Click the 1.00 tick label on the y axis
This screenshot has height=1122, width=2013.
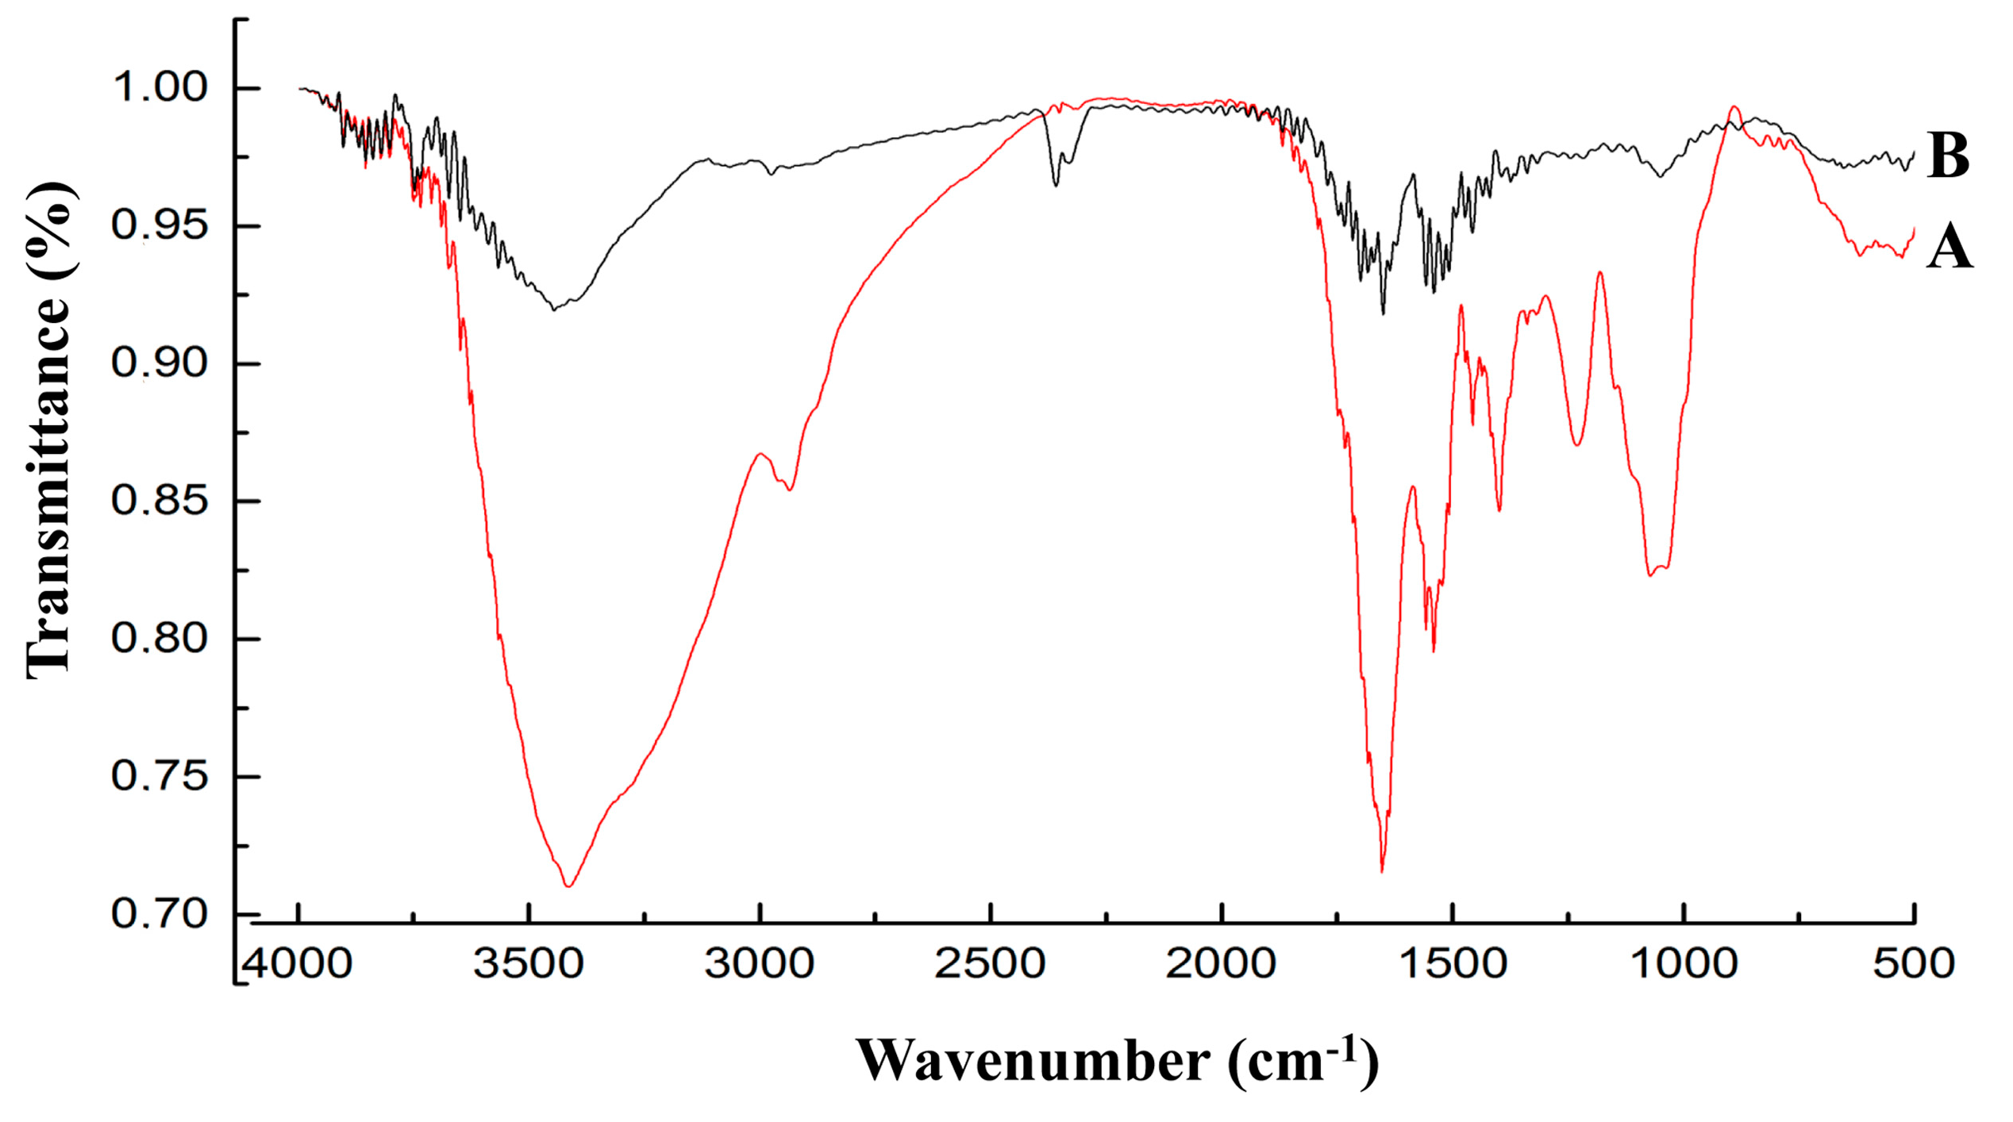(160, 87)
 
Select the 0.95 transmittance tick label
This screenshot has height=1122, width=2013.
(160, 225)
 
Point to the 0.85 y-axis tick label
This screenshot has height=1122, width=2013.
(160, 501)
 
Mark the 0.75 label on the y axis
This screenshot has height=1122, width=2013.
(160, 776)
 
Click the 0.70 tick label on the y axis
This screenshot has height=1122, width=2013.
(160, 914)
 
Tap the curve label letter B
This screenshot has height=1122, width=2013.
(1948, 156)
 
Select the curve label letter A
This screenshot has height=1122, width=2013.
(1949, 248)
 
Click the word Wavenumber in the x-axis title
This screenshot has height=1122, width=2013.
(1033, 1061)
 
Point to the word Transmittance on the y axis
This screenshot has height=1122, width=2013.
(49, 486)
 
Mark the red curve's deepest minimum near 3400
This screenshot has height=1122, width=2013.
(568, 886)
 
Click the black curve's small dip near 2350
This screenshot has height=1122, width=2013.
(1056, 185)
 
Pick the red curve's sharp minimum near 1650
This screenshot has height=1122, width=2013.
(1382, 871)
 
